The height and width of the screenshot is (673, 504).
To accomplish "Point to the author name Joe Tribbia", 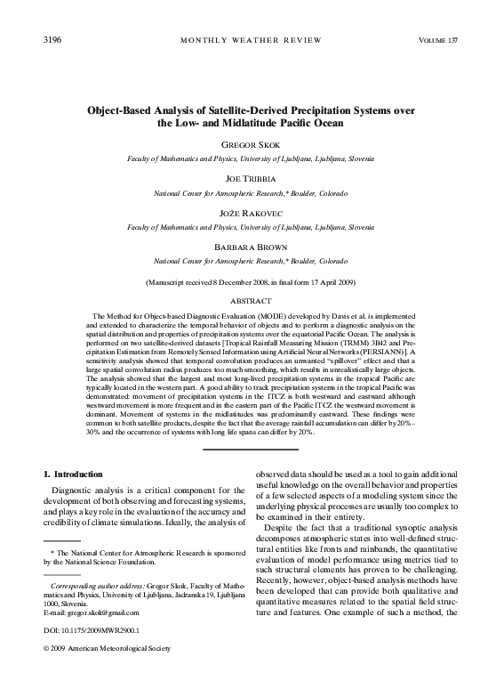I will [251, 178].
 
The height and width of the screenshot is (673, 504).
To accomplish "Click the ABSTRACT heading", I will [251, 302].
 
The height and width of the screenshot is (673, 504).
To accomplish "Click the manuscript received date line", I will [251, 282].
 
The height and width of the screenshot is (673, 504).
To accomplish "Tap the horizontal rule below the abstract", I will [251, 449].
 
